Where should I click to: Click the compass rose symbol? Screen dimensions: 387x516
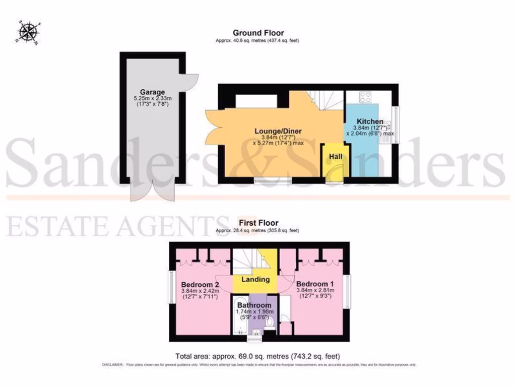28,31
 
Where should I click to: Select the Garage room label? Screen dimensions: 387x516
153,92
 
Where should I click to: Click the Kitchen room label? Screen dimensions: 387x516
370,121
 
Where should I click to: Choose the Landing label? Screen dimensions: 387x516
255,279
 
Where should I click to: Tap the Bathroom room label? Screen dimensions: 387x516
254,305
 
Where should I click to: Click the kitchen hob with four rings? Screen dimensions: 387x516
365,97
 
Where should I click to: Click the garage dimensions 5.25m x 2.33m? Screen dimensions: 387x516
153,98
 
